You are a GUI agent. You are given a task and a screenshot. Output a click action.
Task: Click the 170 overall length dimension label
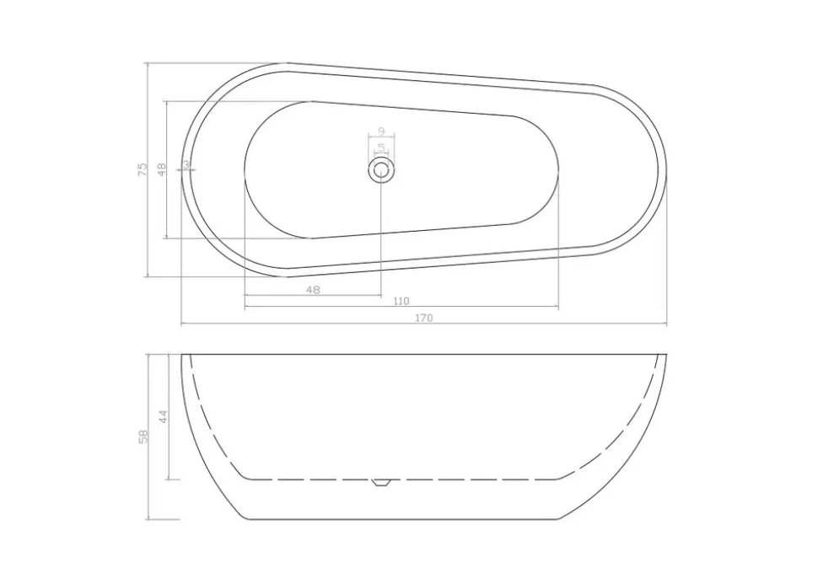tap(424, 318)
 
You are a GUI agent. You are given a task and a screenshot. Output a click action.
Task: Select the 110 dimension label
tap(401, 301)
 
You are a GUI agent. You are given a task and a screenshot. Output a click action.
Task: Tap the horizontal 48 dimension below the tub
tap(313, 290)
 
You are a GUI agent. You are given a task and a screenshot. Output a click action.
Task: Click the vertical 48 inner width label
tap(161, 169)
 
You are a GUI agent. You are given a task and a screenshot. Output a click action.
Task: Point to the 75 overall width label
tap(143, 169)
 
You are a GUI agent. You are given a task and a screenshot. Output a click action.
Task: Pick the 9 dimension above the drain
tap(381, 131)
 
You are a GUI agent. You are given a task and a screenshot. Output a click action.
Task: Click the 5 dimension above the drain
tap(381, 147)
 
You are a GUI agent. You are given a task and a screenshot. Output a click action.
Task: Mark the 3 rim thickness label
tap(186, 164)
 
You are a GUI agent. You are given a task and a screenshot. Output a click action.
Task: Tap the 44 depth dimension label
tap(164, 416)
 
